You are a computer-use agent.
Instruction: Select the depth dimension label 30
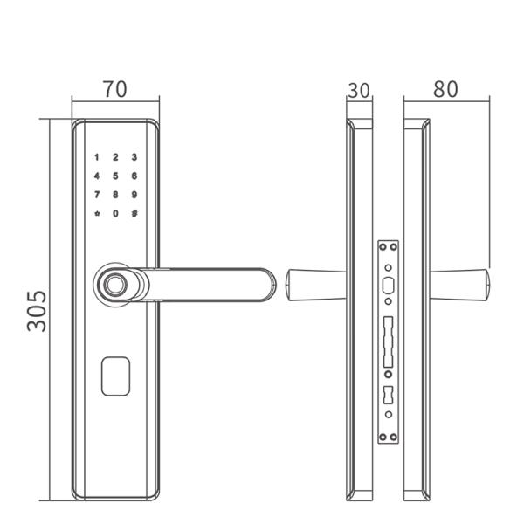[x=359, y=90]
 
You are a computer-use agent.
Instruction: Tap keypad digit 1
[x=97, y=158]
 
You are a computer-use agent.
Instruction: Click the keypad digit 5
[x=115, y=176]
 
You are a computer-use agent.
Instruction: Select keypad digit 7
[x=97, y=195]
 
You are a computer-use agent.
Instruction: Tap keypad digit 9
[x=134, y=195]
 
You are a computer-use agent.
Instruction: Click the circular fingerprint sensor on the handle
[x=114, y=285]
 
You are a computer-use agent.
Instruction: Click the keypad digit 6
[x=134, y=176]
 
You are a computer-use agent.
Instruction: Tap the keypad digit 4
[x=97, y=176]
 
